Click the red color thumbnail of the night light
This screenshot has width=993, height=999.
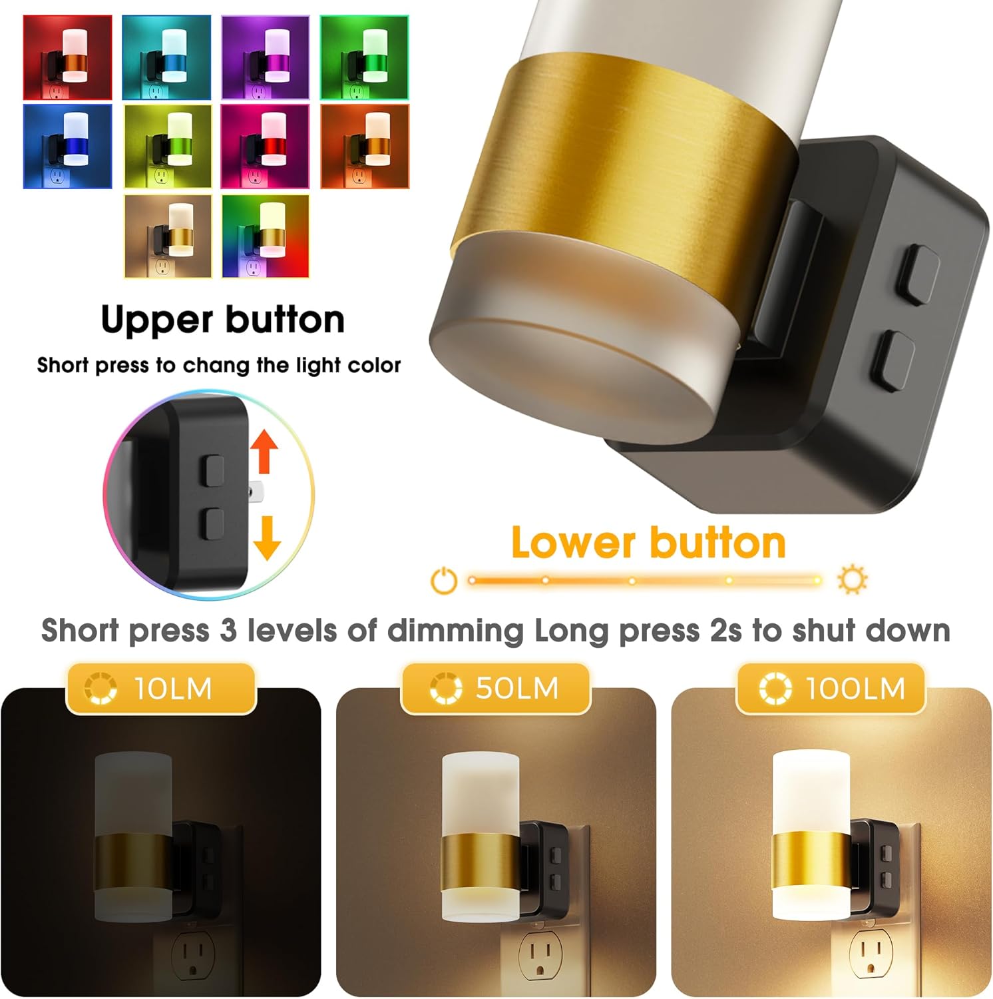tap(67, 57)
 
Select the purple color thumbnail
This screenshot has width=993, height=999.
tap(265, 57)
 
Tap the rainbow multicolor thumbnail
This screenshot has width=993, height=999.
tap(265, 236)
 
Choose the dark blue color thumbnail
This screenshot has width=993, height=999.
tap(67, 146)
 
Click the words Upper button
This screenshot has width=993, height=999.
tap(223, 320)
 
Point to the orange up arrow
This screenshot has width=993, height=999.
tap(264, 450)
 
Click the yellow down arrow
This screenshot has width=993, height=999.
tap(267, 537)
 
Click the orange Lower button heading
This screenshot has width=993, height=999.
tap(648, 543)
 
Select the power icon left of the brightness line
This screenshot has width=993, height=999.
tap(444, 580)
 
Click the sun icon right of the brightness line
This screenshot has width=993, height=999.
tap(852, 579)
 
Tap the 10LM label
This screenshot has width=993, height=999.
tap(160, 688)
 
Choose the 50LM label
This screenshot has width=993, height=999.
tap(495, 688)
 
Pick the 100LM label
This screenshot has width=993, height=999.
tap(831, 688)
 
